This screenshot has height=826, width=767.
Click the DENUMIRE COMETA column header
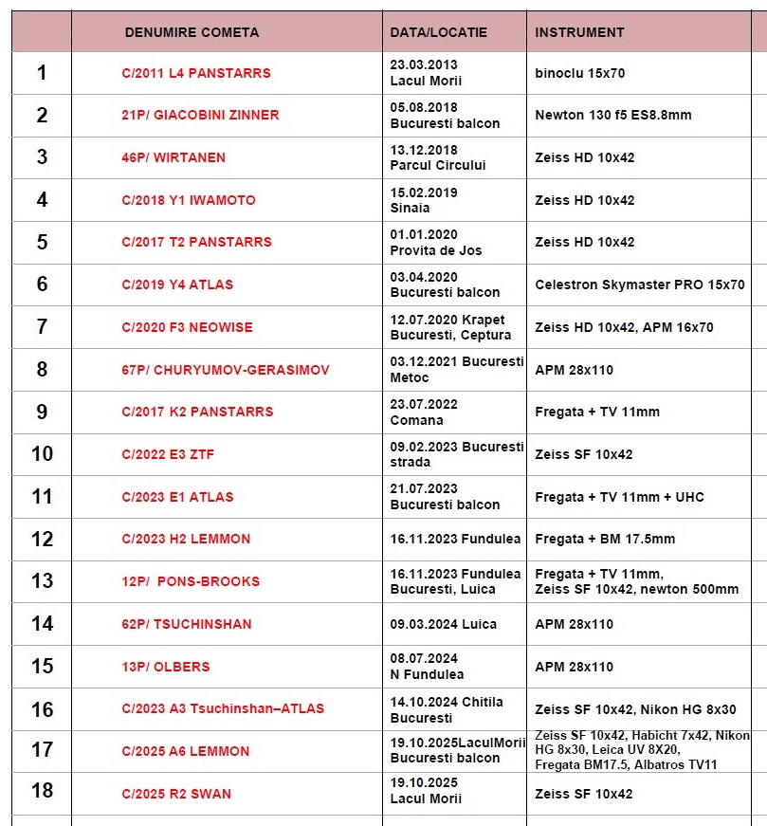pos(192,32)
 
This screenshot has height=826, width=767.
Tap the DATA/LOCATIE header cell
pos(438,32)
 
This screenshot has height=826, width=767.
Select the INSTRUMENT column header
pos(579,32)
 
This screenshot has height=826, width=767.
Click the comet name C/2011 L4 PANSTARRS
pos(195,73)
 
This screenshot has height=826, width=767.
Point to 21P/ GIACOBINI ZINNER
pos(200,115)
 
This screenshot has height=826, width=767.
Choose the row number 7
pos(42,326)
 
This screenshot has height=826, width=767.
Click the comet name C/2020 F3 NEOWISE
pos(189,327)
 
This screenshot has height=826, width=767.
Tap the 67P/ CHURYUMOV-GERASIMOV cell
pos(226,370)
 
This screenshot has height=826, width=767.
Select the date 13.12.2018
pos(424,150)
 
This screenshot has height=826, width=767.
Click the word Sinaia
pos(410,208)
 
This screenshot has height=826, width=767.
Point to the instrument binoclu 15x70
pos(579,73)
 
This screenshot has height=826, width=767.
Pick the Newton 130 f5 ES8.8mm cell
pos(613,115)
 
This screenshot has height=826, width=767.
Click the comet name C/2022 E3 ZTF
pos(168,454)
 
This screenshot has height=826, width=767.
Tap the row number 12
pos(42,539)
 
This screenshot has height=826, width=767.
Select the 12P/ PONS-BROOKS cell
pos(190,581)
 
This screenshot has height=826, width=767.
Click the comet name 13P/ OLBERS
pos(166,667)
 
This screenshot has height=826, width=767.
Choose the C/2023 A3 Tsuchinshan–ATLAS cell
pos(223,708)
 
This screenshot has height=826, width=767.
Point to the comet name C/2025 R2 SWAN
pos(176,794)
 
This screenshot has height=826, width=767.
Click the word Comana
pos(416,420)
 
